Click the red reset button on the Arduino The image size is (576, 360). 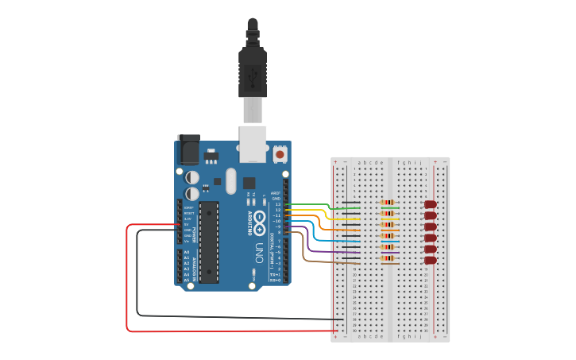[280, 153]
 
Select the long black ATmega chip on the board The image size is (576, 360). [208, 242]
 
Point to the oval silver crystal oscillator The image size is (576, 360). [230, 180]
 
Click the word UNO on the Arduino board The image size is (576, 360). [258, 254]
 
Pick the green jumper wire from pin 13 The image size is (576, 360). [326, 209]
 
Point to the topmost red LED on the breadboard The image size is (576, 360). [431, 204]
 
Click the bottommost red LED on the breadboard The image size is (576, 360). [431, 260]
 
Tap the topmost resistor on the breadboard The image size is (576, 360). [388, 203]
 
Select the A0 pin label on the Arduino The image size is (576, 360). [187, 253]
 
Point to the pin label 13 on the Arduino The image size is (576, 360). [278, 204]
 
